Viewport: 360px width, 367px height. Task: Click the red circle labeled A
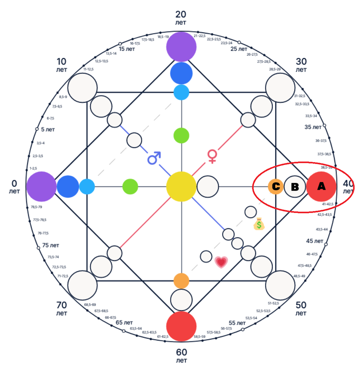(321, 186)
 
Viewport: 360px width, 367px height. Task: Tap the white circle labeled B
(295, 187)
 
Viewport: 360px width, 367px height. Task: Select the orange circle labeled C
(276, 187)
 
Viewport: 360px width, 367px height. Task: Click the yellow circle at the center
(181, 187)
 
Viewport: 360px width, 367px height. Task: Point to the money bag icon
(259, 224)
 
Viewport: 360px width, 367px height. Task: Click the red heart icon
(221, 262)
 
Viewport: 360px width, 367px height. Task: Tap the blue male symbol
(154, 158)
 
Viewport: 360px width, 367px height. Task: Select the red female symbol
(212, 156)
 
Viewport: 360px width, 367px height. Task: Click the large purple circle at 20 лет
(181, 47)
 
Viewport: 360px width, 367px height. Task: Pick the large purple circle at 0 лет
(41, 187)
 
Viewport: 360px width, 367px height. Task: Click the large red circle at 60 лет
(181, 326)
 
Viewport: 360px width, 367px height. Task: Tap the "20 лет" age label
(181, 17)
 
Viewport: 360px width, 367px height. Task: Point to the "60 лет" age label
(181, 356)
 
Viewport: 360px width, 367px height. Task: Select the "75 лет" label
(50, 245)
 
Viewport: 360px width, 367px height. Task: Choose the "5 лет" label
(48, 130)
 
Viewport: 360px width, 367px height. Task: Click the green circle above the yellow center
(181, 135)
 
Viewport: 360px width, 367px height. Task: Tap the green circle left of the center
(130, 187)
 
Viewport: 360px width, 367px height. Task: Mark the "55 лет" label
(237, 323)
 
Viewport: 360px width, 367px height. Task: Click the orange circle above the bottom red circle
(181, 281)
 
